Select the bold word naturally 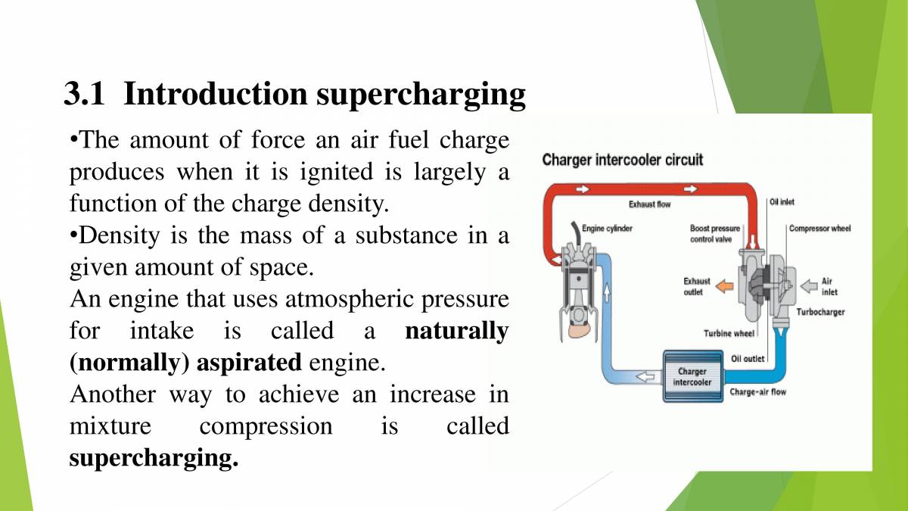(x=456, y=331)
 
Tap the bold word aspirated (x=249, y=363)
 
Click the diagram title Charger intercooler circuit (x=622, y=160)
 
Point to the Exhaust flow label (x=649, y=204)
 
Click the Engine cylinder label (x=607, y=228)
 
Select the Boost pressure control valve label (x=714, y=233)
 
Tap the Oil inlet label (x=782, y=202)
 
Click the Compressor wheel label (x=819, y=229)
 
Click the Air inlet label (x=829, y=286)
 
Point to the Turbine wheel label (x=729, y=333)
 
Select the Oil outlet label (x=748, y=358)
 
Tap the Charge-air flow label (x=757, y=392)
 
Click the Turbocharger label (x=820, y=312)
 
